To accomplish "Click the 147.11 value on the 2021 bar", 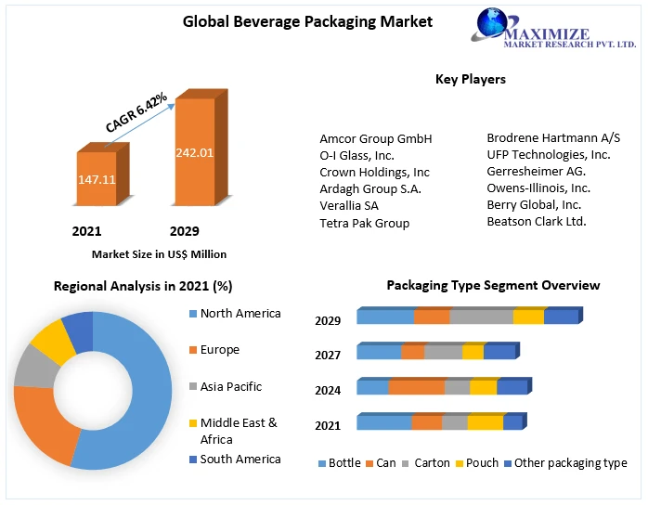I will coord(97,179).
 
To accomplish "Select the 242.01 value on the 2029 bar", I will coord(195,152).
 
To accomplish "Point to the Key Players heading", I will coord(471,79).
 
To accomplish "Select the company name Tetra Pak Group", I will coord(364,223).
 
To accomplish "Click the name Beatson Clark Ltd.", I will coord(537,221).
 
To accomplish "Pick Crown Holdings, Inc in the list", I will coord(374,172).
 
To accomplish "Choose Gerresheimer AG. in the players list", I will coord(536,171).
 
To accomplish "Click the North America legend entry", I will coord(240,314).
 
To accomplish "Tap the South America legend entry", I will coord(240,459).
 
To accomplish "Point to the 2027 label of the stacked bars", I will coord(329,355).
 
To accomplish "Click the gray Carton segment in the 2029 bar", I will coord(481,317).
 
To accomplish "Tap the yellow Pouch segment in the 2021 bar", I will coord(485,423).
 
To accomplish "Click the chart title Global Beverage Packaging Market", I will coord(294,20).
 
